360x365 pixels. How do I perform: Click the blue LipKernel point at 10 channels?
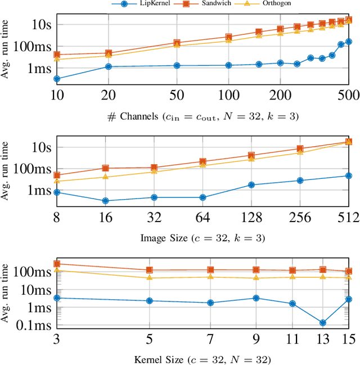coord(57,79)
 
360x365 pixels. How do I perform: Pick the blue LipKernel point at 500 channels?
coord(349,41)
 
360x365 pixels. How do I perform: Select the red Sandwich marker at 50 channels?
coord(177,43)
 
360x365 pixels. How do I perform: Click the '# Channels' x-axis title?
coord(202,116)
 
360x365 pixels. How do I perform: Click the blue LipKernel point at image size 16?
coord(105,201)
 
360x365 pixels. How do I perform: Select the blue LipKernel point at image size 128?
coord(251,184)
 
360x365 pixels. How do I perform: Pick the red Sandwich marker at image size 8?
coord(57,175)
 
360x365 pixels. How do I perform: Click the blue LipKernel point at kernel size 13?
coord(322,323)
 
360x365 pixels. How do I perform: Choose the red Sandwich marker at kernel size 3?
coord(57,264)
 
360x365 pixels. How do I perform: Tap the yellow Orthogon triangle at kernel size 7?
coord(210,277)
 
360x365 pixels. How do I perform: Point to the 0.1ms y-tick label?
coord(38,326)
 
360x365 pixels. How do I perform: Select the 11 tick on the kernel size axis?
coord(292,341)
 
